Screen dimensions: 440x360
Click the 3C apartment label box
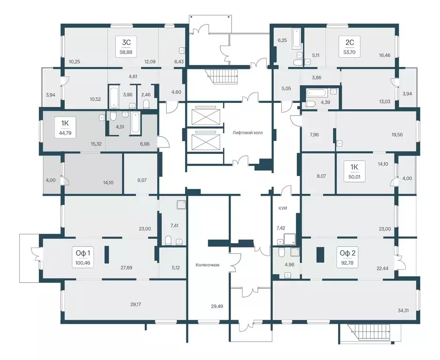pyautogui.click(x=127, y=46)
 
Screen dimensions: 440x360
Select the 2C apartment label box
pyautogui.click(x=349, y=46)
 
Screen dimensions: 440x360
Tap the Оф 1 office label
pyautogui.click(x=83, y=258)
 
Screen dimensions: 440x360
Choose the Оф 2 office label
pyautogui.click(x=347, y=258)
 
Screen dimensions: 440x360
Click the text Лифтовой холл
pyautogui.click(x=247, y=133)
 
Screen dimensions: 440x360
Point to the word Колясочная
pyautogui.click(x=208, y=265)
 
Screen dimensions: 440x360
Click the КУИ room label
pyautogui.click(x=283, y=208)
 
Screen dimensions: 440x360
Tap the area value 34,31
pyautogui.click(x=403, y=310)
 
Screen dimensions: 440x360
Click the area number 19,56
pyautogui.click(x=397, y=135)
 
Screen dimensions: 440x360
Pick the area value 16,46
pyautogui.click(x=385, y=55)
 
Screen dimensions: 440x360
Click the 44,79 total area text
pyautogui.click(x=65, y=133)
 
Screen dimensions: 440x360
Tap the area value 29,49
pyautogui.click(x=217, y=306)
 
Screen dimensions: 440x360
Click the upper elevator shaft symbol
pyautogui.click(x=205, y=115)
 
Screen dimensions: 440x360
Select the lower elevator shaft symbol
pyautogui.click(x=205, y=140)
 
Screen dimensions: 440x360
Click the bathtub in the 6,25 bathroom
pyautogui.click(x=296, y=38)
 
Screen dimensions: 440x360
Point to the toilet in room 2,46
pyautogui.click(x=146, y=105)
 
